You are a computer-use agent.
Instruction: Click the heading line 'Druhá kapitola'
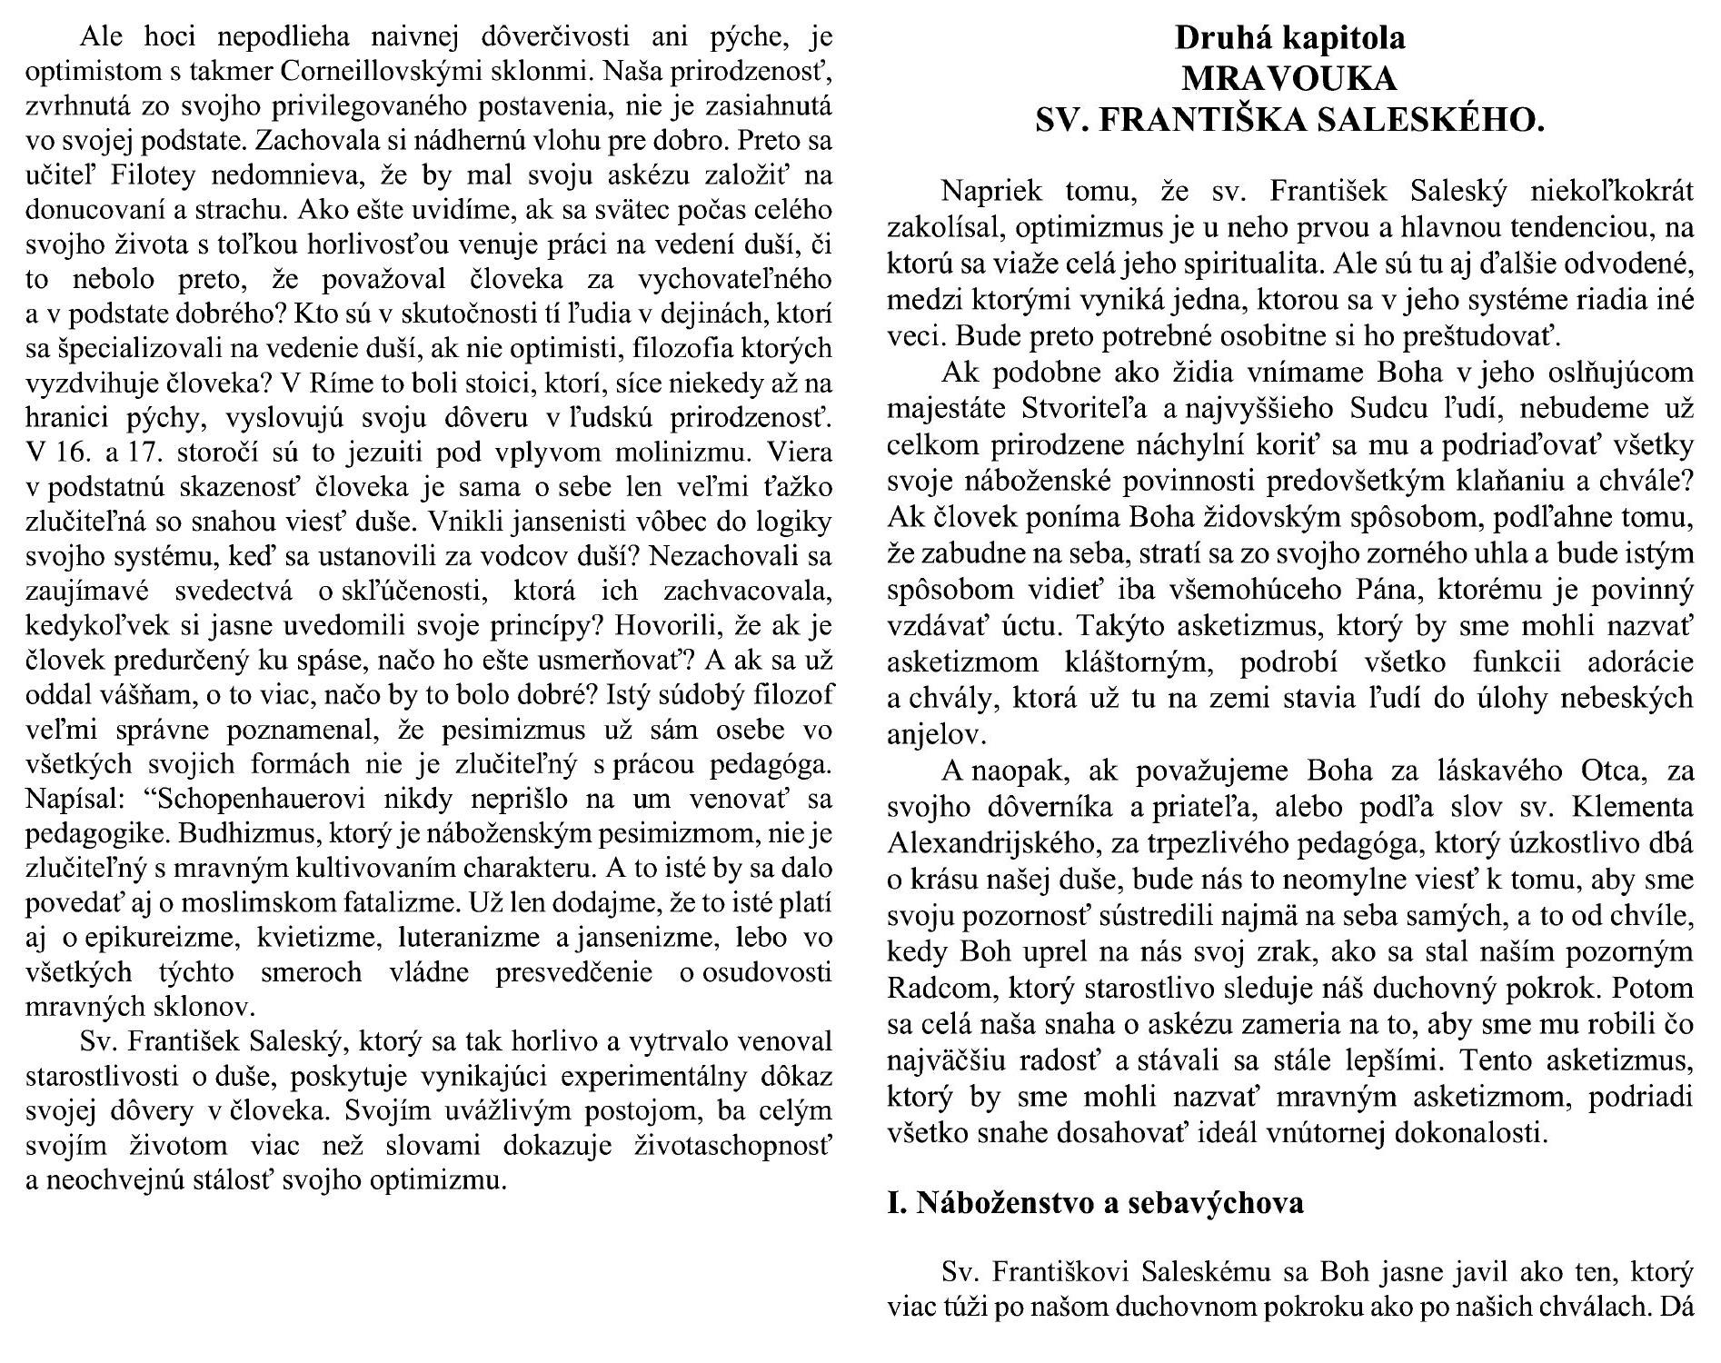click(x=1289, y=38)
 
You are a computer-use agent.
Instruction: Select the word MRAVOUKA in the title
click(x=1289, y=79)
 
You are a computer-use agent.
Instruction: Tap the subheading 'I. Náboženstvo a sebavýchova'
click(x=1095, y=1202)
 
